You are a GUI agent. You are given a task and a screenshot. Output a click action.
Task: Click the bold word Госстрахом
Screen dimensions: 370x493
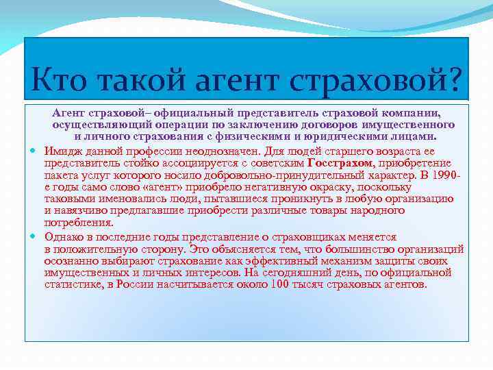pos(341,162)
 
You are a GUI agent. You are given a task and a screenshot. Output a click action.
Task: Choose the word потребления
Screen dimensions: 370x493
pos(79,223)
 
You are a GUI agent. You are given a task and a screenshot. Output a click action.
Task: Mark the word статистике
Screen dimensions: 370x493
pos(74,284)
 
